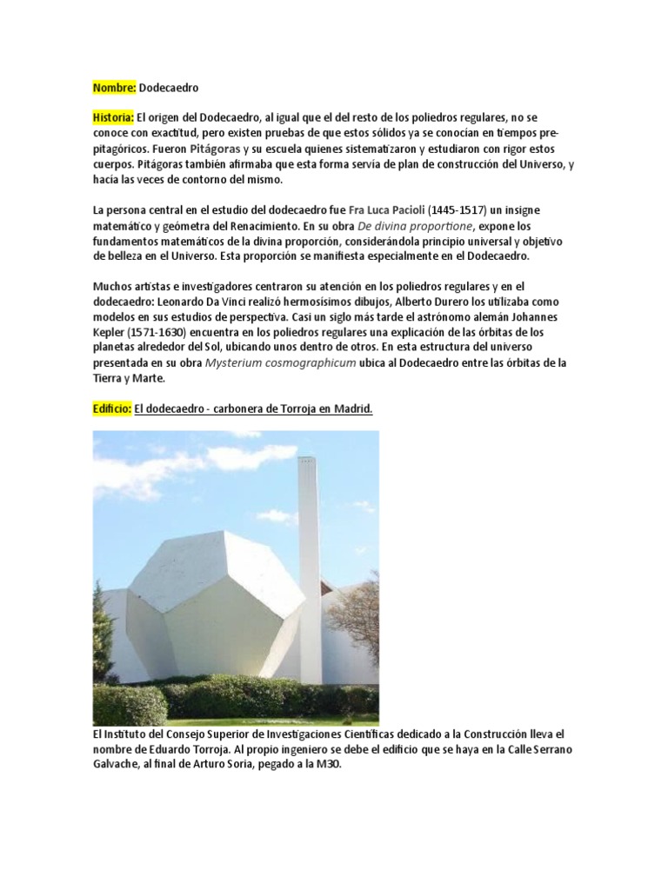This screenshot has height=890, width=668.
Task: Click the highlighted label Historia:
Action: pos(113,116)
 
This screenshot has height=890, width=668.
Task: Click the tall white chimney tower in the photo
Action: pos(309,556)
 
